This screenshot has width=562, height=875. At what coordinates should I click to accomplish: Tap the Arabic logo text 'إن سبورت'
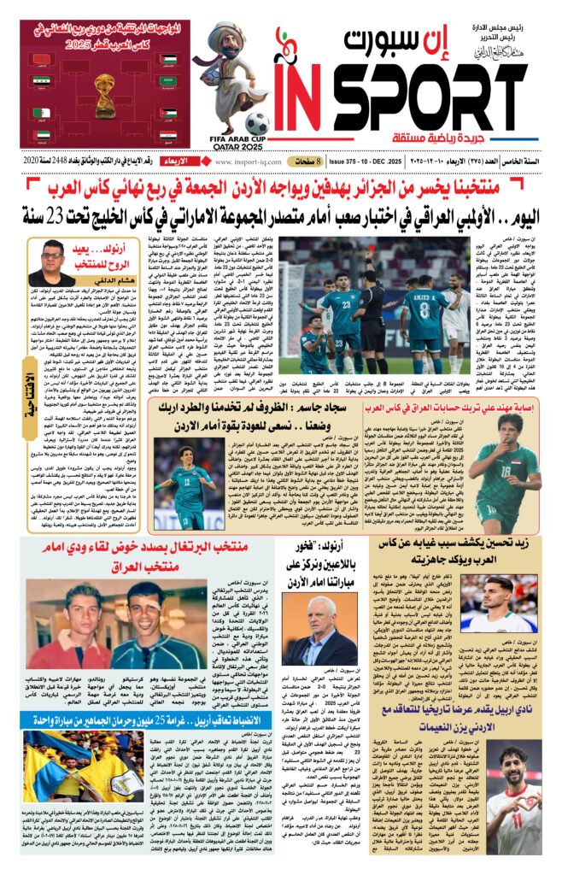point(401,40)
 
